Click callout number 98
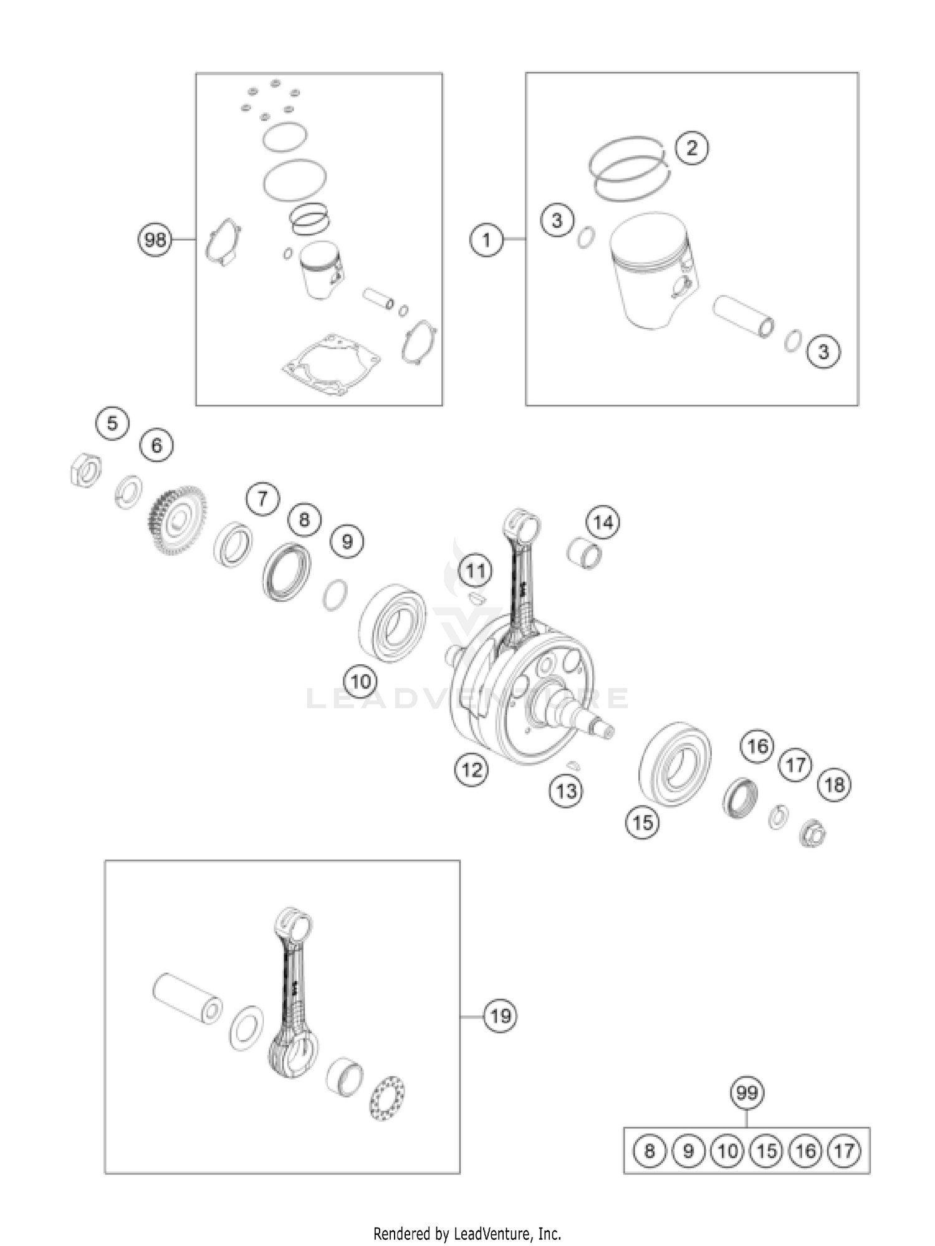(155, 239)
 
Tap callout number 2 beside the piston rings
(691, 148)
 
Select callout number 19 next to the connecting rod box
(500, 1017)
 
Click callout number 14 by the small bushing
(602, 523)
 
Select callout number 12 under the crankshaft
(471, 770)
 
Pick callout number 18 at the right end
(834, 784)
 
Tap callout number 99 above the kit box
(747, 1093)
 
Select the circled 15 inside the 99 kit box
(766, 1150)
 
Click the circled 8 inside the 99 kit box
(650, 1150)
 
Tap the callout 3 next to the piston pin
(823, 352)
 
